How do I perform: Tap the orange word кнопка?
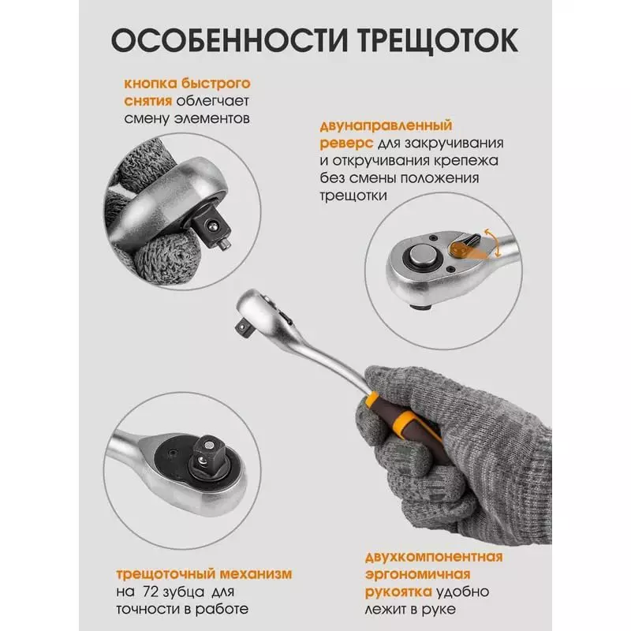point(151,84)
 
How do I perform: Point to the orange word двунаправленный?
point(386,125)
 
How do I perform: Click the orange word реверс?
point(346,144)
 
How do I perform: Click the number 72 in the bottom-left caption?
point(151,592)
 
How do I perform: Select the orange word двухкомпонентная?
point(434,557)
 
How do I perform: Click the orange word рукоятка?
point(398,592)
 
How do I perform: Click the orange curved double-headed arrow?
point(495,243)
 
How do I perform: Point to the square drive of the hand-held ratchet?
point(244,325)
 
